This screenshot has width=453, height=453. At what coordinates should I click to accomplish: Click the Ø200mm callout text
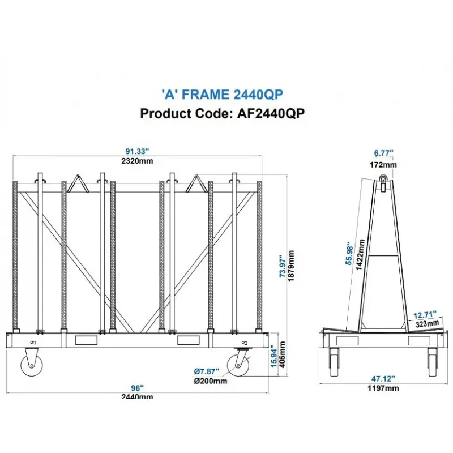(210, 381)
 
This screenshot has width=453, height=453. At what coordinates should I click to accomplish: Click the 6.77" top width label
(383, 153)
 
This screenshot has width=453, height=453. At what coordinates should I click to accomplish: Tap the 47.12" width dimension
(383, 378)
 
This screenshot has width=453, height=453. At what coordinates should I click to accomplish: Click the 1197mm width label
(383, 389)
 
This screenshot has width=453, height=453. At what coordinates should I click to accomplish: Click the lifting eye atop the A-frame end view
(384, 181)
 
